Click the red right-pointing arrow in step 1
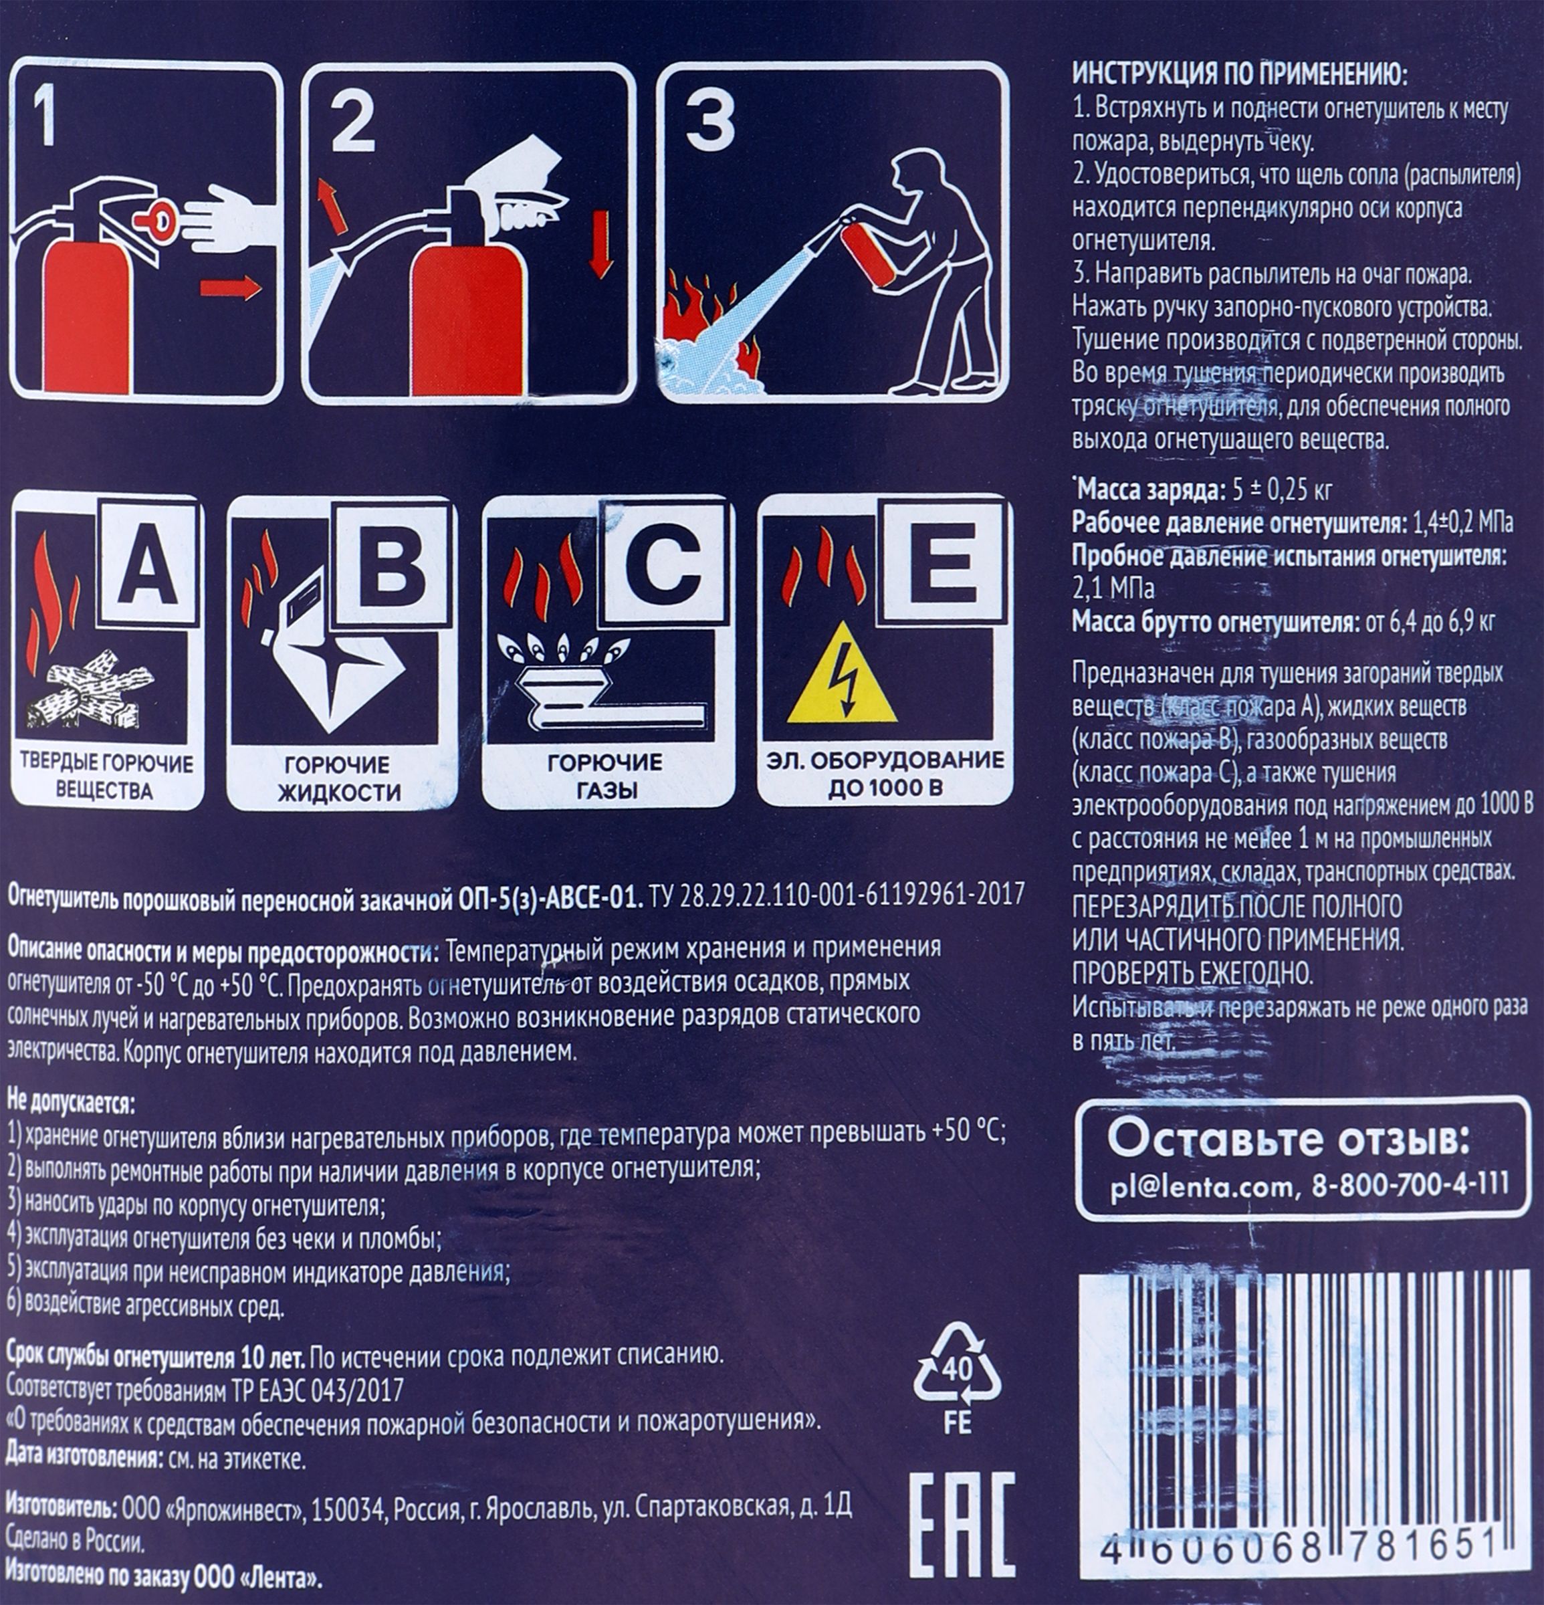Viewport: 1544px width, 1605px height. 230,288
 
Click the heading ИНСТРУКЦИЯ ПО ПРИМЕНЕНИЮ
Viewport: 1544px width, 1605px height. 1241,77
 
